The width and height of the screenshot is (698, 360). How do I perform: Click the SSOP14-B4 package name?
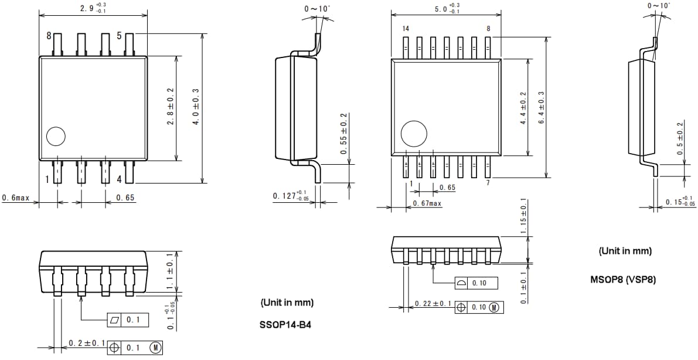pos(285,324)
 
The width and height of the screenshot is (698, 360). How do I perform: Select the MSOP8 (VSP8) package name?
pos(623,280)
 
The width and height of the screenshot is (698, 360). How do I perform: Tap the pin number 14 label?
pos(406,29)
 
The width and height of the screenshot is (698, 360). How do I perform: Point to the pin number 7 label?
pos(488,184)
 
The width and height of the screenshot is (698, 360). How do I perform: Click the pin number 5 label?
pos(119,36)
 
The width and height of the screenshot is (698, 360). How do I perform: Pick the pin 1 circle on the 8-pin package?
pos(56,137)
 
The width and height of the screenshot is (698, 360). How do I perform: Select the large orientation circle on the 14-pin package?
pos(414,135)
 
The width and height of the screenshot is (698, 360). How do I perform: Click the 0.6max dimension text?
pos(16,198)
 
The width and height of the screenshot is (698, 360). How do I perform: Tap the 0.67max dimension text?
pos(427,203)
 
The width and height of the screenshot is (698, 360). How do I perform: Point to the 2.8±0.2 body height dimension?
pos(170,106)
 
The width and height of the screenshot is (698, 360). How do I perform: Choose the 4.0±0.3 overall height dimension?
pos(196,106)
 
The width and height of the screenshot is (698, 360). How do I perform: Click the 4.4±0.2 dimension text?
pos(523,107)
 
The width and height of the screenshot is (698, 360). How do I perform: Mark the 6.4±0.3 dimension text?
pos(542,107)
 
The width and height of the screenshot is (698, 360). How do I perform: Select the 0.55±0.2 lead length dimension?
pos(344,134)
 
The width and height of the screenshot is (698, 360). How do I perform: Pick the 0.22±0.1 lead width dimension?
pos(433,303)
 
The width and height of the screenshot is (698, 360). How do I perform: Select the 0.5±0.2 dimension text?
pos(680,138)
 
